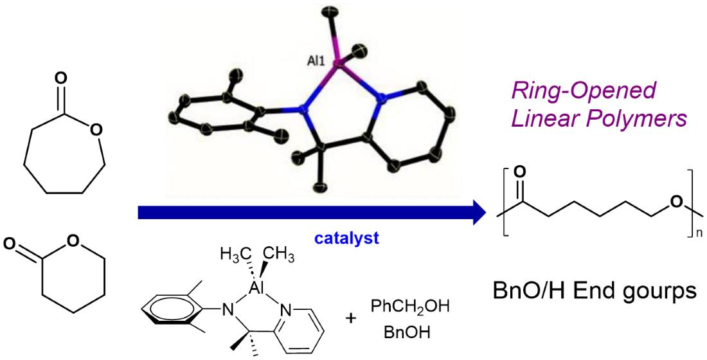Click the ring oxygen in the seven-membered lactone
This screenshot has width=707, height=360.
(96, 132)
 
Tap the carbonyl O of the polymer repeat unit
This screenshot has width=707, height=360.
(519, 172)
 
